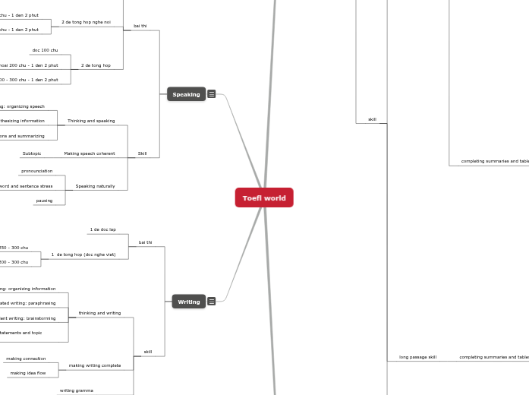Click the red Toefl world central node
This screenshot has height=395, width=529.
point(264,197)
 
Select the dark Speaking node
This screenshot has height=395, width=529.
point(186,94)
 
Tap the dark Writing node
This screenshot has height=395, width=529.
point(188,302)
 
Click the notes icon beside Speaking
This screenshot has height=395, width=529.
point(212,94)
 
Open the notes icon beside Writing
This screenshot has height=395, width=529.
point(212,302)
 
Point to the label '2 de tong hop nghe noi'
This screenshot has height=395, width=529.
point(85,23)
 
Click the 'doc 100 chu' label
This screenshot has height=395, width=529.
point(45,50)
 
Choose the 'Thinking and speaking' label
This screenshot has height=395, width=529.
point(91,121)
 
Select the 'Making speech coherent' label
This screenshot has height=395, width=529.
point(90,153)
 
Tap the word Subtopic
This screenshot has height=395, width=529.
point(32,153)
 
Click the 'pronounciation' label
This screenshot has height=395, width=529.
point(37,171)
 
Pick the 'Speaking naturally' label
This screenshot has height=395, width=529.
point(95,186)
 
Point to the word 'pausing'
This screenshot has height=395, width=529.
point(45,201)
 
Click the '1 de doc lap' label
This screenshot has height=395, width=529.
point(103,229)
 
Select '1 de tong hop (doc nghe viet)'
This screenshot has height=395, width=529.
point(83,254)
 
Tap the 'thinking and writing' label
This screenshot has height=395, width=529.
point(99,313)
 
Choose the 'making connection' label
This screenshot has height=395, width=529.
point(26,359)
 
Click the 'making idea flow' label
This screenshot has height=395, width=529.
point(28,373)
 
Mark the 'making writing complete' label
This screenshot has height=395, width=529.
point(95,365)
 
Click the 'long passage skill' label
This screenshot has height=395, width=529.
point(417,357)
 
